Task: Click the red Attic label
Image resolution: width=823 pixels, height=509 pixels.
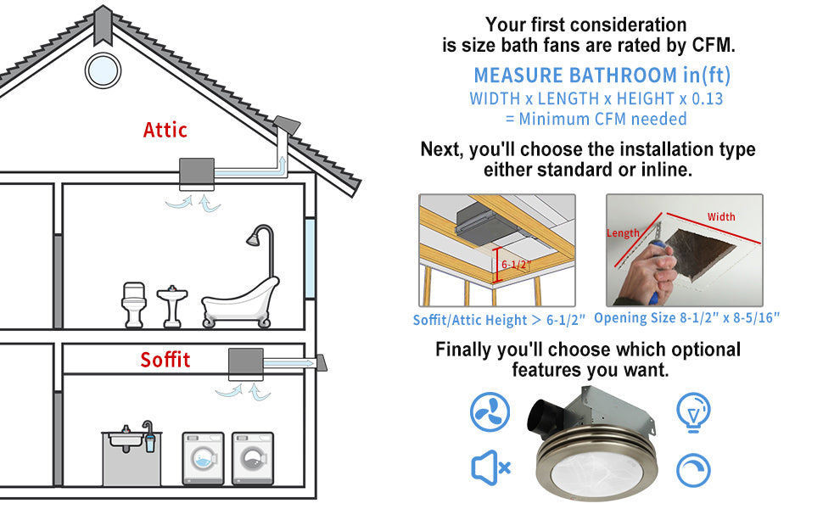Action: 165,130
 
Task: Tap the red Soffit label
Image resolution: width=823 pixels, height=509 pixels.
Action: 165,360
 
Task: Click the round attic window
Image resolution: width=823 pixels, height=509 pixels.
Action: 103,70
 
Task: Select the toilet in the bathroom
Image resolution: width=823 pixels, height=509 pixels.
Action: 134,305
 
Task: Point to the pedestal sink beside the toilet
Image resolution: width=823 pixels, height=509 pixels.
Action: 172,307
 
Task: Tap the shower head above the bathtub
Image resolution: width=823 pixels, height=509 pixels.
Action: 254,239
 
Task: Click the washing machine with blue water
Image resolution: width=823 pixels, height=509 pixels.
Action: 203,458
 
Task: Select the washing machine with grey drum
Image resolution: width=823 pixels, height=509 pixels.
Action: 253,458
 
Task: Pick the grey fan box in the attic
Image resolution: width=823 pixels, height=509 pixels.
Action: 197,174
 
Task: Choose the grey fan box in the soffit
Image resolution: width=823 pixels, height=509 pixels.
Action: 246,364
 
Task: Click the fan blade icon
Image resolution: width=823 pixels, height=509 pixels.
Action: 490,412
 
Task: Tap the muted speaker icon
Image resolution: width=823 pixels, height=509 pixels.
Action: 490,467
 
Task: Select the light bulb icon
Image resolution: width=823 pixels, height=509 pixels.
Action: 693,413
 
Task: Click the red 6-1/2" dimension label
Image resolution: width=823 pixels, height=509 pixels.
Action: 517,265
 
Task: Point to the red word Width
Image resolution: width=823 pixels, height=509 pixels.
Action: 720,216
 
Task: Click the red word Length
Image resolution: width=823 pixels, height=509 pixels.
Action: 623,233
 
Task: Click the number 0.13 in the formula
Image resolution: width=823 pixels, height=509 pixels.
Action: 707,98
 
